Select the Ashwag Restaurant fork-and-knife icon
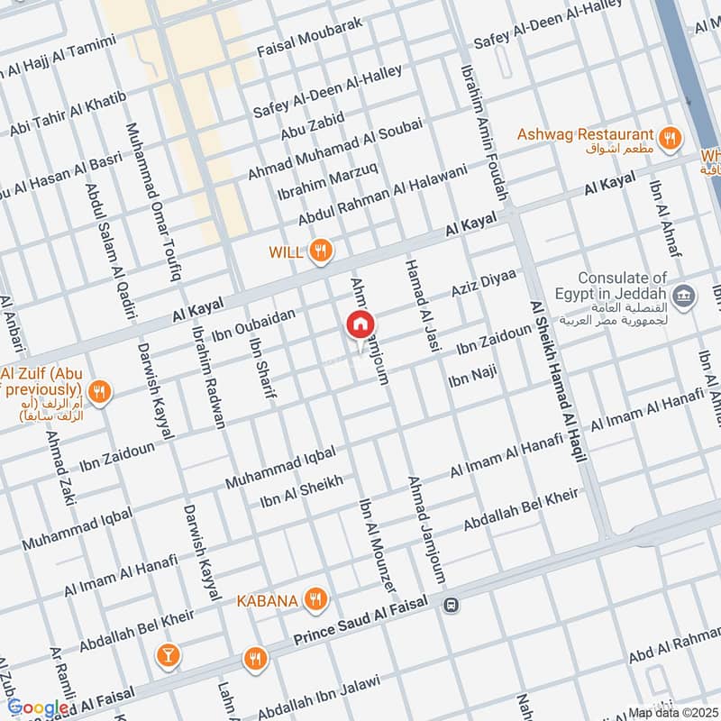point(669,137)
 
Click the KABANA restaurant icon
point(315,598)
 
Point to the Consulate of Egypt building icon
point(684,295)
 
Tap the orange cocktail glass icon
point(166,656)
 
